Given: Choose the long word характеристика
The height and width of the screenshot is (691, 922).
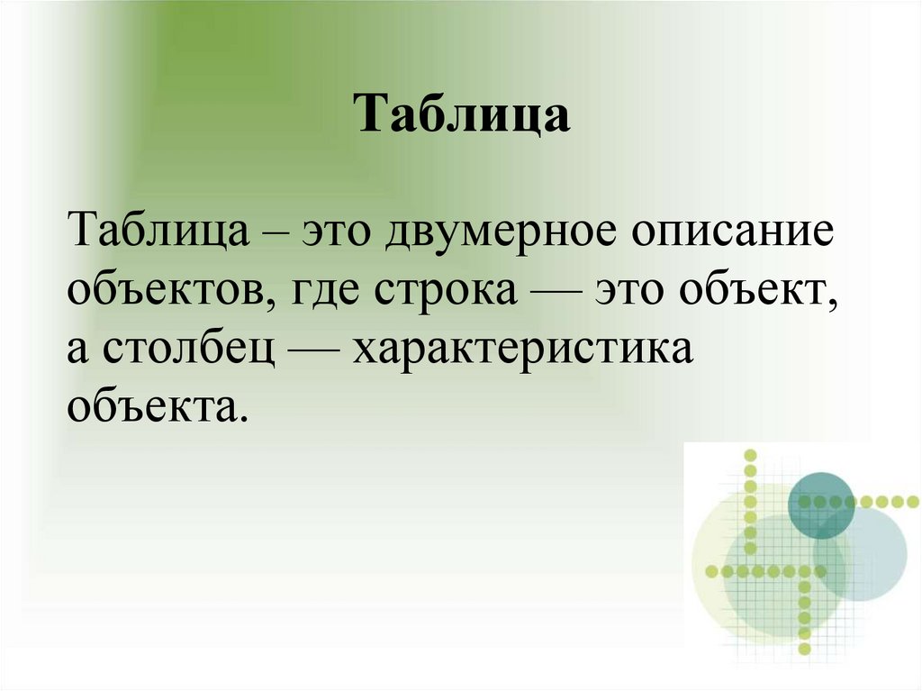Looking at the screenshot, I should tap(523, 350).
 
